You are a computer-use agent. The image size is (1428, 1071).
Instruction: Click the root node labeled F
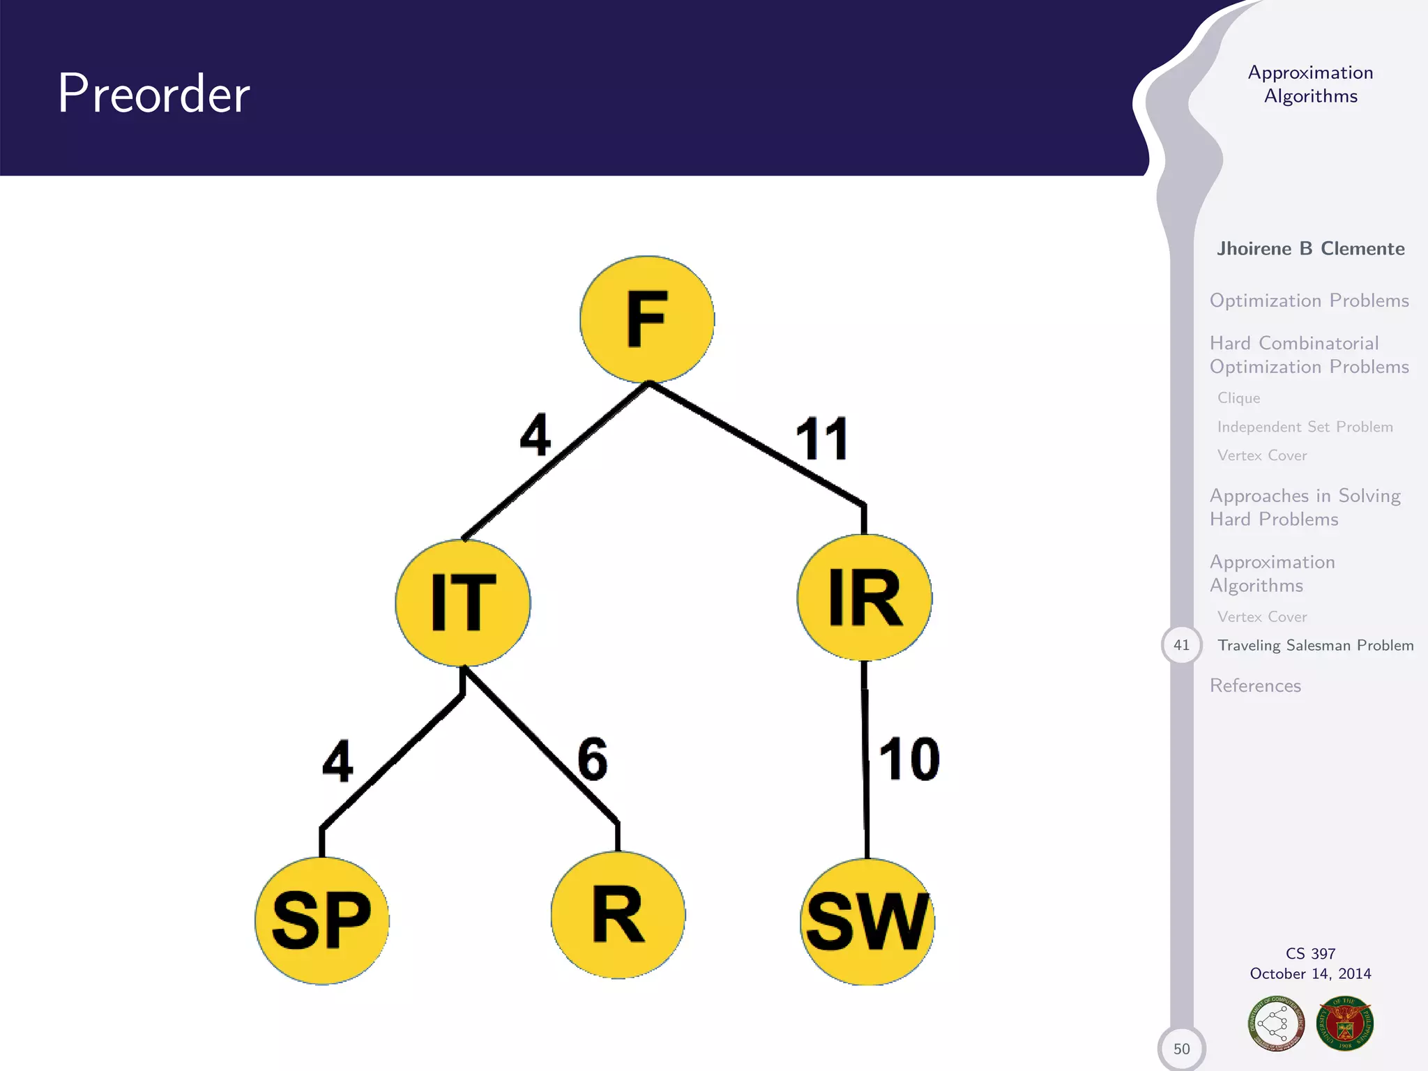[x=647, y=319]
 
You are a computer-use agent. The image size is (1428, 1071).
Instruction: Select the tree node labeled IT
[x=463, y=602]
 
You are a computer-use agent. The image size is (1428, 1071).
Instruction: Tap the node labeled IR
[x=865, y=598]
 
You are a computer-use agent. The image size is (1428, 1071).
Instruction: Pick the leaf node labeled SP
[x=322, y=920]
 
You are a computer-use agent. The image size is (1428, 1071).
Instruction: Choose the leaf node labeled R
[x=618, y=915]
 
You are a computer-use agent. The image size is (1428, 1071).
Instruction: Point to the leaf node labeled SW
[x=867, y=922]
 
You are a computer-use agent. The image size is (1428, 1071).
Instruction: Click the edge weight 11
[x=822, y=439]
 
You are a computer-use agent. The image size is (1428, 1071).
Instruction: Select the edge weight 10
[x=909, y=759]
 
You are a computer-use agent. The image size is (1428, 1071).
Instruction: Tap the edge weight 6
[x=592, y=759]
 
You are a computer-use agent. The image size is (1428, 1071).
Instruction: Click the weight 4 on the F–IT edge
[x=535, y=435]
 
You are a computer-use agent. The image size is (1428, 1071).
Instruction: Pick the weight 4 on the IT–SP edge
[x=337, y=761]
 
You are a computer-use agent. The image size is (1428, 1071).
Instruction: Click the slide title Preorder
[x=154, y=93]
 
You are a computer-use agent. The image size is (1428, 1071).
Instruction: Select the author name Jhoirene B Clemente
[x=1310, y=249]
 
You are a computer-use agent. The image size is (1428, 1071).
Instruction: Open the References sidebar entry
[x=1255, y=685]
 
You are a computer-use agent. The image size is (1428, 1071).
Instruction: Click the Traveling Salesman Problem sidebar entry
[x=1315, y=645]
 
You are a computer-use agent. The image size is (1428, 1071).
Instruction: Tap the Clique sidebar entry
[x=1238, y=398]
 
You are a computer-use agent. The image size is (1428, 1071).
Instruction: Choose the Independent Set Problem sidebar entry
[x=1305, y=427]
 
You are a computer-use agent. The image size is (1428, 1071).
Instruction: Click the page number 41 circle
[x=1181, y=645]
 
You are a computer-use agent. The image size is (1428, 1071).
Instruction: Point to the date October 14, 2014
[x=1310, y=973]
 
